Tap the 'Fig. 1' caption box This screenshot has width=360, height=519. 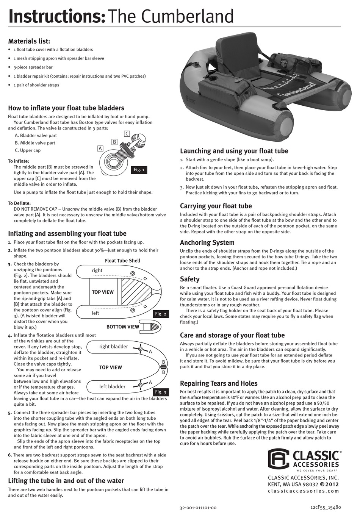139,170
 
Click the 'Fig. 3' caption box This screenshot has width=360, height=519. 161,392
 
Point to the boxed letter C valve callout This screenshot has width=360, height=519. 127,133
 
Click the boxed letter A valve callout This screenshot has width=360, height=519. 100,149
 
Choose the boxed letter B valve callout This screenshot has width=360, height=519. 114,142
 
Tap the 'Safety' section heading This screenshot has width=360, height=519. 189,279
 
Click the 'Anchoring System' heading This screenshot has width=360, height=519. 207,243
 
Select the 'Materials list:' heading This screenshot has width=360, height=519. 29,41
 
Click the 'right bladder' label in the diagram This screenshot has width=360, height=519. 113,346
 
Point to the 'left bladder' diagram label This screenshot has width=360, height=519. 112,386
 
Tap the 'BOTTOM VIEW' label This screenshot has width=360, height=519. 122,327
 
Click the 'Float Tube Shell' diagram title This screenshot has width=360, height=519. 122,261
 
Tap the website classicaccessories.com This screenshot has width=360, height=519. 303,491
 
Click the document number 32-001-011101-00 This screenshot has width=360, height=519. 198,508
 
